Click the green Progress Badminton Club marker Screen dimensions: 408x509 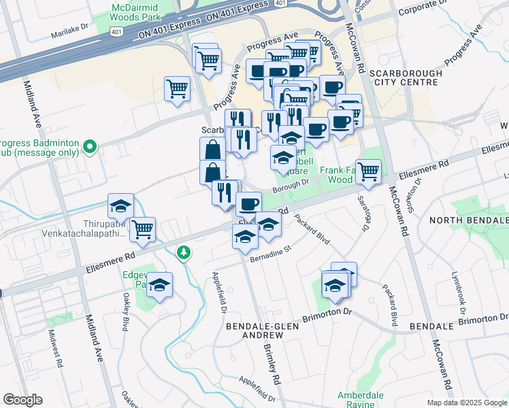click(89, 146)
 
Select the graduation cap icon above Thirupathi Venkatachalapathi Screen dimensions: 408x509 click(120, 205)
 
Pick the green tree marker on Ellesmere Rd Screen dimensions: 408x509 click(183, 253)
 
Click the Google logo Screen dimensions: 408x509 click(22, 400)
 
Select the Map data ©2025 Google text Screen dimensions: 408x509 click(466, 403)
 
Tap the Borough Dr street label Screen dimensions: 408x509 click(291, 182)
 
